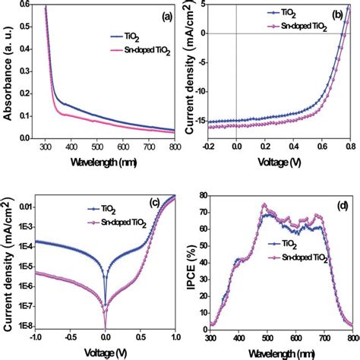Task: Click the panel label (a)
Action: (167, 17)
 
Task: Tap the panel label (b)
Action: (337, 15)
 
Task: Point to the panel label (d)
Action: (343, 206)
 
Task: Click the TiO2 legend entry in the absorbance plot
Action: (125, 37)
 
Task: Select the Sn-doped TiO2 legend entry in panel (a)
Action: (141, 51)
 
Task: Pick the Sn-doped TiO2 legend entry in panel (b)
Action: (297, 27)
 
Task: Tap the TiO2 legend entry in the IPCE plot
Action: (283, 245)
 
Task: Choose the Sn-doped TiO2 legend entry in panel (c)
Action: (117, 223)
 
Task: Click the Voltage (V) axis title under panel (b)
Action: (279, 162)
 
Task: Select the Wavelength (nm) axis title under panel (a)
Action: (104, 162)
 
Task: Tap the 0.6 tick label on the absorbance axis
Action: (24, 5)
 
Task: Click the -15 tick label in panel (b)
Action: (199, 121)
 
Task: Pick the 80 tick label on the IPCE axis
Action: (203, 195)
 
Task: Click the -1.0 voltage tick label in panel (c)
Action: (35, 337)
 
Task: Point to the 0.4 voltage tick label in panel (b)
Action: (293, 147)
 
